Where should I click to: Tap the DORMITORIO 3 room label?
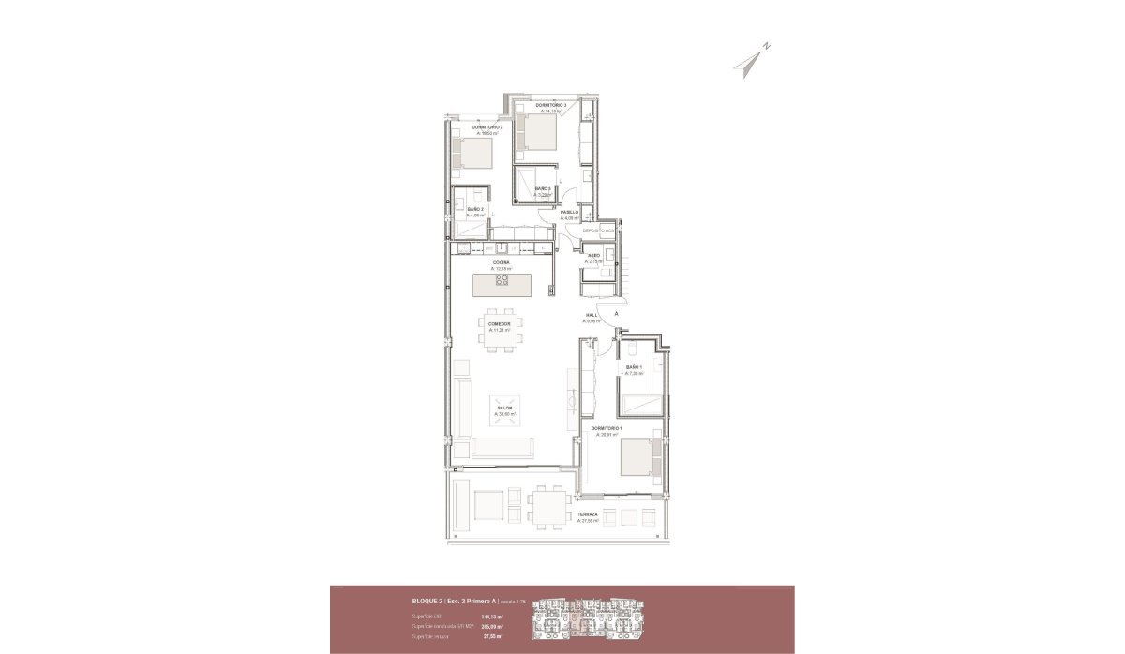(x=551, y=105)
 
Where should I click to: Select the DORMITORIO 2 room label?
(x=487, y=127)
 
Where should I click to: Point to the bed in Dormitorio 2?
(x=472, y=152)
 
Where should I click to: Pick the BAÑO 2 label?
(x=475, y=209)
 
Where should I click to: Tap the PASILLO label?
(x=569, y=213)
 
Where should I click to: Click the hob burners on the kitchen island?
(x=502, y=278)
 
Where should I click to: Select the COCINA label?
(x=501, y=262)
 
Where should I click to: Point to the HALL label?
(x=592, y=315)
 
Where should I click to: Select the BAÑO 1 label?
(x=633, y=367)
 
